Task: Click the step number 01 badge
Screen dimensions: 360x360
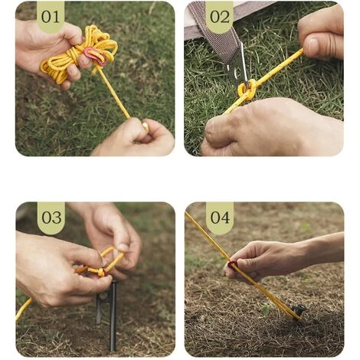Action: pos(51,17)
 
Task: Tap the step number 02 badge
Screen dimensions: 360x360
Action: pos(219,17)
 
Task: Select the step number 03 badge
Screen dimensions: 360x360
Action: pos(51,218)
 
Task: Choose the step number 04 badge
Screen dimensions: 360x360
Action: pos(219,218)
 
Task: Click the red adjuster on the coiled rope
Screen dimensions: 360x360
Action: pos(94,54)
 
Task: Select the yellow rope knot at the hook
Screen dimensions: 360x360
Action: pos(247,90)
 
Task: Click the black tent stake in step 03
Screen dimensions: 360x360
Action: pos(112,314)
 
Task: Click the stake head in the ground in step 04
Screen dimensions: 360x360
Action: pos(298,311)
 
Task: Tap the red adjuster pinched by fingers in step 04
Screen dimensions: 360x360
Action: pos(231,265)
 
